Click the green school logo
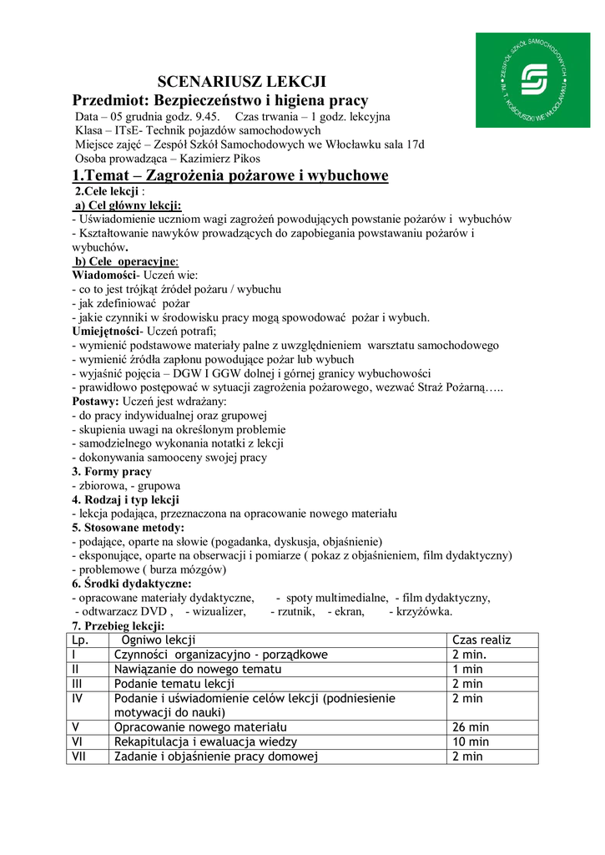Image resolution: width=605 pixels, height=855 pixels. pyautogui.click(x=531, y=80)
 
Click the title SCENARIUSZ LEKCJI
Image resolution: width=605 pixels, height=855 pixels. pyautogui.click(x=242, y=82)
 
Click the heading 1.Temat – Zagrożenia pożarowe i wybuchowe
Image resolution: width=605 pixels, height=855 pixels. pyautogui.click(x=230, y=175)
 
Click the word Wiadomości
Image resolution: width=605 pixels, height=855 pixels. pyautogui.click(x=103, y=275)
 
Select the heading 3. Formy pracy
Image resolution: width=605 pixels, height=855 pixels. pyautogui.click(x=111, y=472)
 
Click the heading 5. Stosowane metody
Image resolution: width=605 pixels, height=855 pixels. pyautogui.click(x=127, y=528)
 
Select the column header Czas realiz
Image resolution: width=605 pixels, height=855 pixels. pyautogui.click(x=481, y=640)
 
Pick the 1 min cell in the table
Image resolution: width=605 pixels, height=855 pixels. pyautogui.click(x=467, y=670)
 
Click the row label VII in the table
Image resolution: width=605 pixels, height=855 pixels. pyautogui.click(x=77, y=756)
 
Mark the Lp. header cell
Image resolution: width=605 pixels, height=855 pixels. pyautogui.click(x=80, y=640)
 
